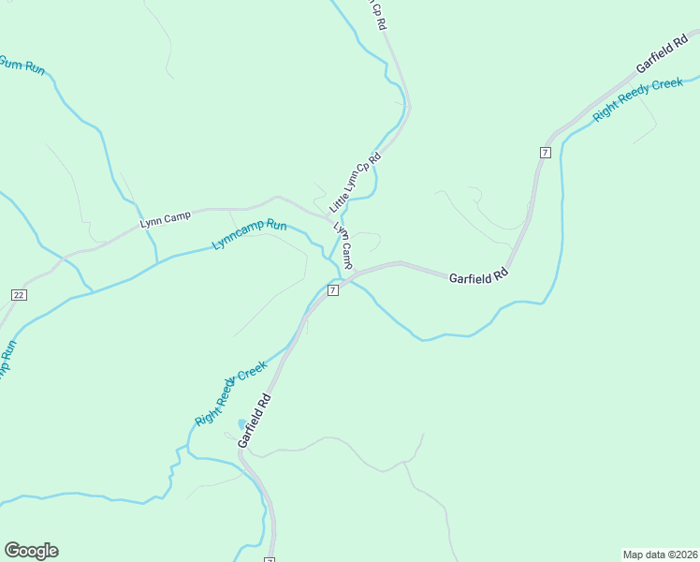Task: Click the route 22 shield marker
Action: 19,294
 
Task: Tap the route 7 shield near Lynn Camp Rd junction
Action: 333,291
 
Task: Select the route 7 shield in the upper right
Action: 545,152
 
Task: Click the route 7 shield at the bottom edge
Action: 270,559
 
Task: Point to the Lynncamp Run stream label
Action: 249,234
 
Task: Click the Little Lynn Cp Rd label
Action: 355,182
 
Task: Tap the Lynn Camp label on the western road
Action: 165,218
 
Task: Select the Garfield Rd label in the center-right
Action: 477,278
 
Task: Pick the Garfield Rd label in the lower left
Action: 254,419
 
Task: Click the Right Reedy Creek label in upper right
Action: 638,98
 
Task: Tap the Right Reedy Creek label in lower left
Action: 230,393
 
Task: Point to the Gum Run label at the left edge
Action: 21,66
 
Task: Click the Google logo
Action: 31,551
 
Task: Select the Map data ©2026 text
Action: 660,554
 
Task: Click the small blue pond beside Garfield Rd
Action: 242,424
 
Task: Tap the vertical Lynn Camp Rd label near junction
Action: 343,245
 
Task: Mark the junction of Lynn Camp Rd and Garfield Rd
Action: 355,273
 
